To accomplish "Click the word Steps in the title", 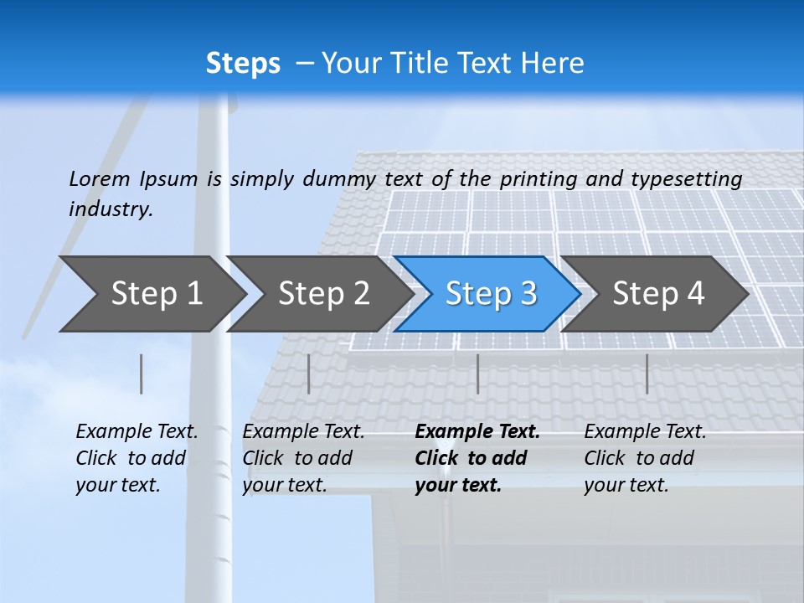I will [x=243, y=64].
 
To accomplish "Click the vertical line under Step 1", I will [x=142, y=374].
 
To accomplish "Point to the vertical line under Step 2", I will [x=309, y=374].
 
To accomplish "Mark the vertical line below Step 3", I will [x=477, y=374].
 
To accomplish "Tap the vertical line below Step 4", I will [x=647, y=374].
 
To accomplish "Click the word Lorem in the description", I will [x=100, y=179].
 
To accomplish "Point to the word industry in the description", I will [x=111, y=209].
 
